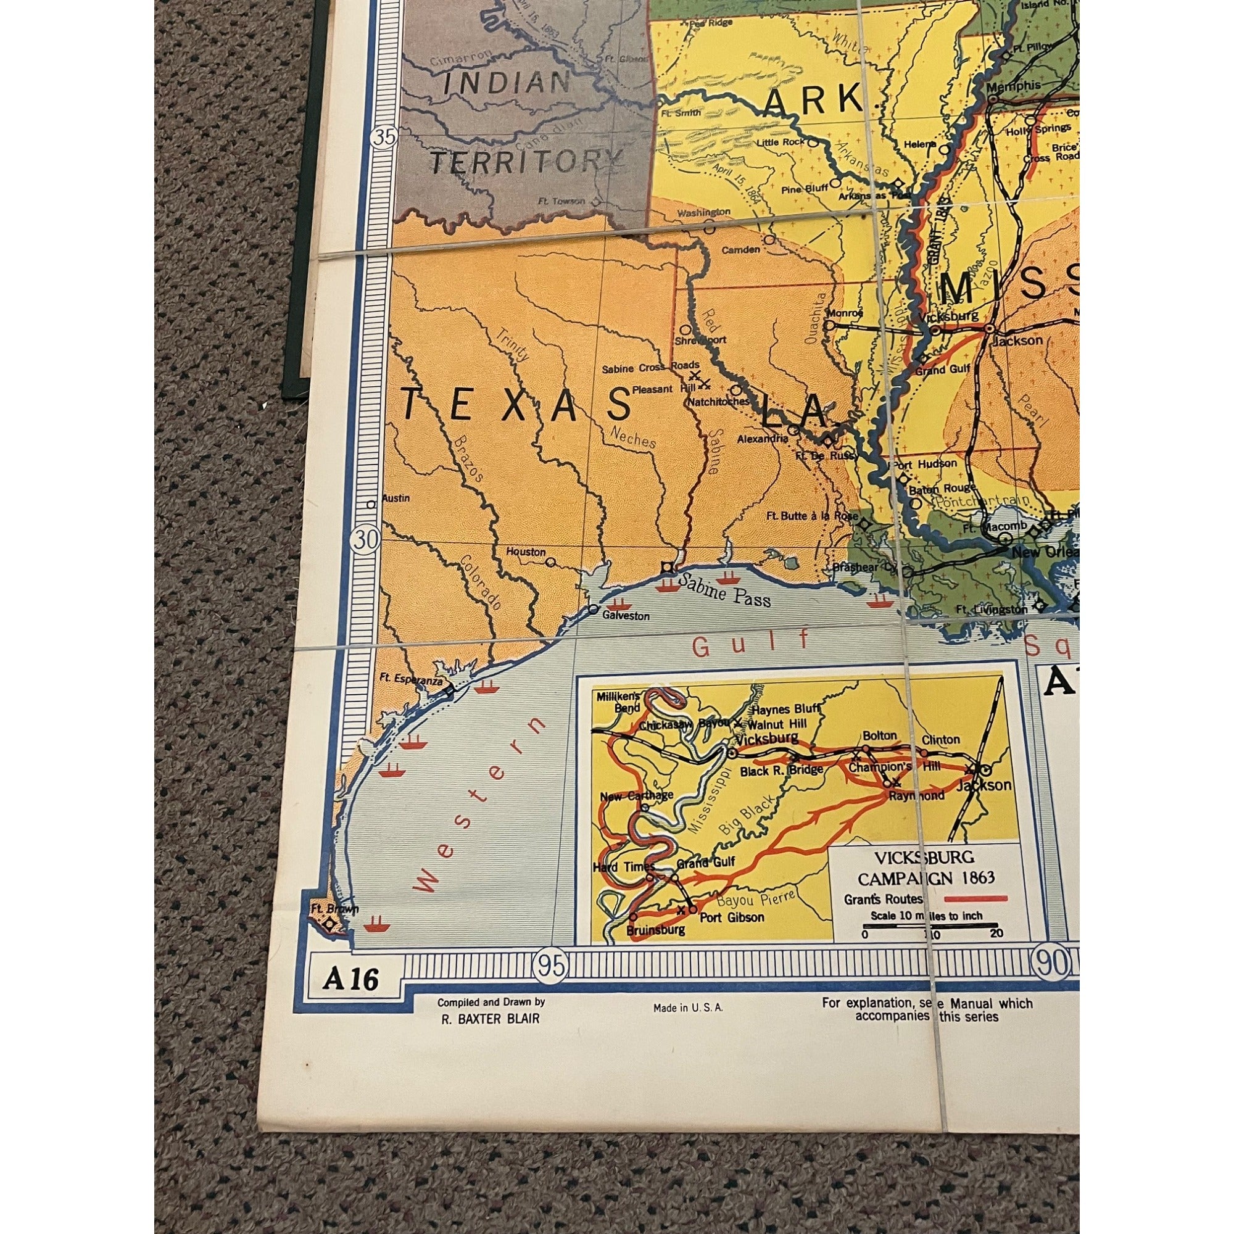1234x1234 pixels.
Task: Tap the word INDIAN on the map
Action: click(x=506, y=83)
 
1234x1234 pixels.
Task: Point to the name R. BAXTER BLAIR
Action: click(x=490, y=1019)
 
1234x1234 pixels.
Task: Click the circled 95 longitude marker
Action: click(x=551, y=966)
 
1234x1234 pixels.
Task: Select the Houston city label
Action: click(x=526, y=552)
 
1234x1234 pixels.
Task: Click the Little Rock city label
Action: click(x=780, y=142)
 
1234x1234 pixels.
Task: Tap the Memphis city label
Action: click(x=1013, y=86)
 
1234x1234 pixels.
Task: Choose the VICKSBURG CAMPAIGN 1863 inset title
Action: click(x=926, y=867)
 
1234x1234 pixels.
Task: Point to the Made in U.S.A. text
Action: click(x=688, y=1008)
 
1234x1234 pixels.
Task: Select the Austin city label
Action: click(x=395, y=498)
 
